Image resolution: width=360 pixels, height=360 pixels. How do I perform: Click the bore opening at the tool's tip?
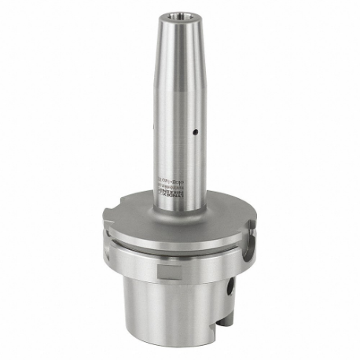[x=179, y=16]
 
